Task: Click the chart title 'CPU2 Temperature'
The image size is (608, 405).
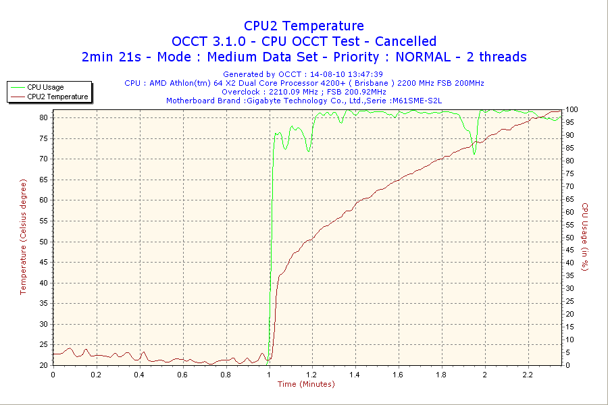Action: click(304, 26)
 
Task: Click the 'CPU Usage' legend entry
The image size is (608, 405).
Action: click(46, 87)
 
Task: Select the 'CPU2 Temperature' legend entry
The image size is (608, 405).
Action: click(57, 97)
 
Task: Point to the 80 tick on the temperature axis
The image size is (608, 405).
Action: click(43, 117)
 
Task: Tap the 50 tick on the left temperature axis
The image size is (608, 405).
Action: click(43, 241)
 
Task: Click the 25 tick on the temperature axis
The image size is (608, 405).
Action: click(43, 344)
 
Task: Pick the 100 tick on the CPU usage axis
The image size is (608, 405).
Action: click(572, 109)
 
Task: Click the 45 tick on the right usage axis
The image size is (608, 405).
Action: click(569, 250)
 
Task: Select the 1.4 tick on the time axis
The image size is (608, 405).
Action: click(355, 374)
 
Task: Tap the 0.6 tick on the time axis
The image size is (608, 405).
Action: click(182, 374)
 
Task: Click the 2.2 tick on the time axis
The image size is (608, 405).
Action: click(528, 374)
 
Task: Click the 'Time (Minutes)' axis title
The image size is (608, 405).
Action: click(306, 384)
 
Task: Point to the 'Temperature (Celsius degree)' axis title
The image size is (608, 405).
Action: click(23, 236)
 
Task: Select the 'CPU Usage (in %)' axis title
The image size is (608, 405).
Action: click(585, 236)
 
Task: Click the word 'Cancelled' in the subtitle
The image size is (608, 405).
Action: click(405, 41)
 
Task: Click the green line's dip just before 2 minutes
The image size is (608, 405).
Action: click(475, 153)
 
